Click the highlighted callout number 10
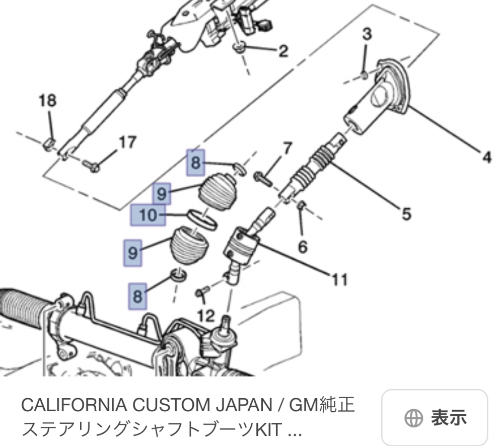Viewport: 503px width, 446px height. (148, 215)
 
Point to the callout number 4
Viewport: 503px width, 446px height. (486, 158)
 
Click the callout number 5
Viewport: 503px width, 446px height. (406, 214)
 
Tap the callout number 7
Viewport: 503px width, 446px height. (287, 148)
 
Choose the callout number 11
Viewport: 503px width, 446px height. (340, 278)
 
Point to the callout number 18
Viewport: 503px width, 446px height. (47, 100)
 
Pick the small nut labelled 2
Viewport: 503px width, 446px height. (240, 48)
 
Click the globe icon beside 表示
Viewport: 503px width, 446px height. (412, 418)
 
